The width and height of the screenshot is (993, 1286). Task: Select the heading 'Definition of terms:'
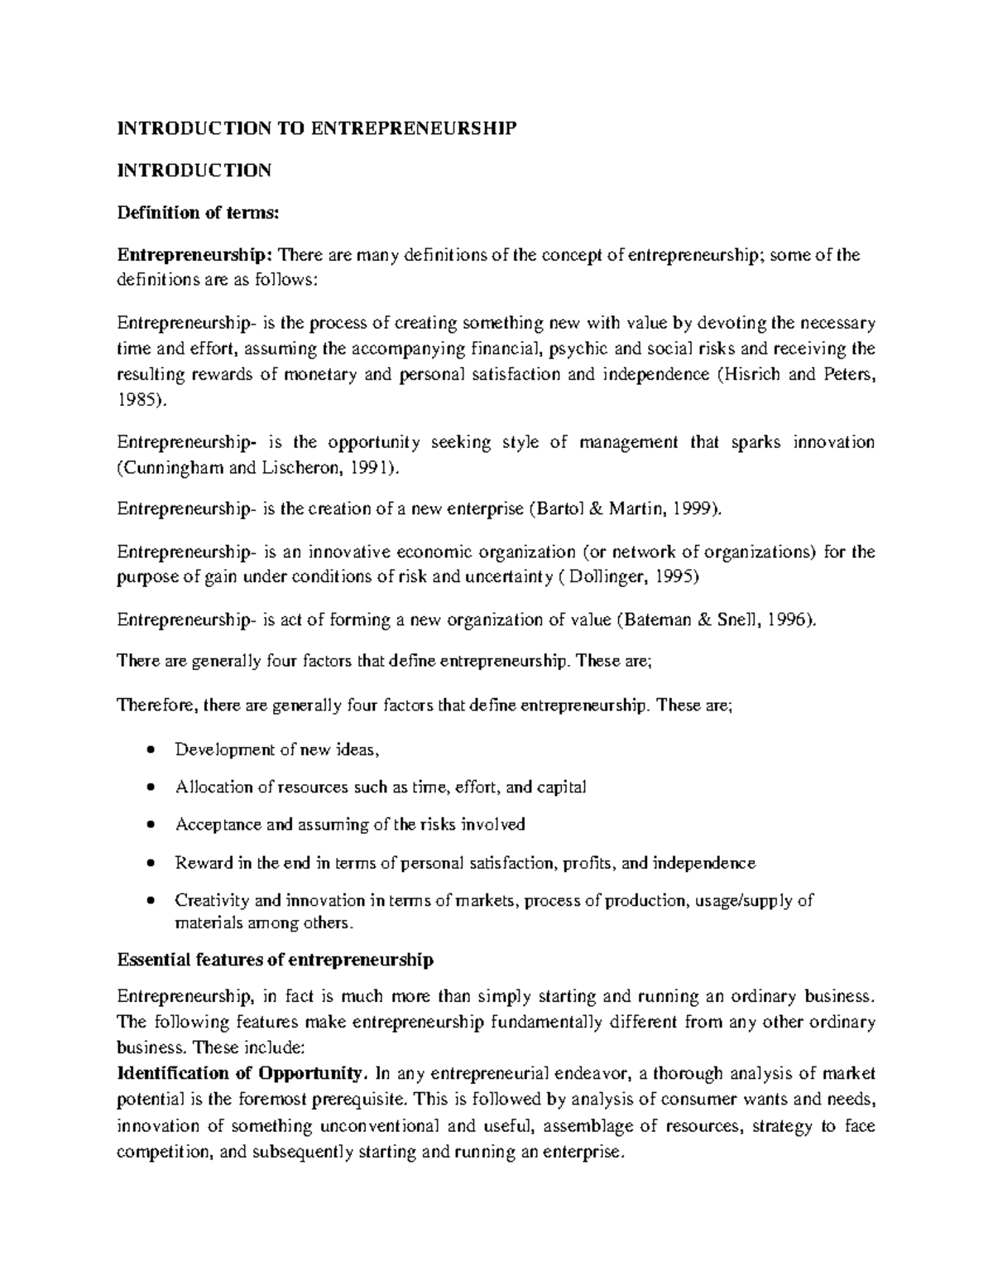(x=199, y=213)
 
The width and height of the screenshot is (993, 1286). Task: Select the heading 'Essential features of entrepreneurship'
(x=276, y=960)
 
